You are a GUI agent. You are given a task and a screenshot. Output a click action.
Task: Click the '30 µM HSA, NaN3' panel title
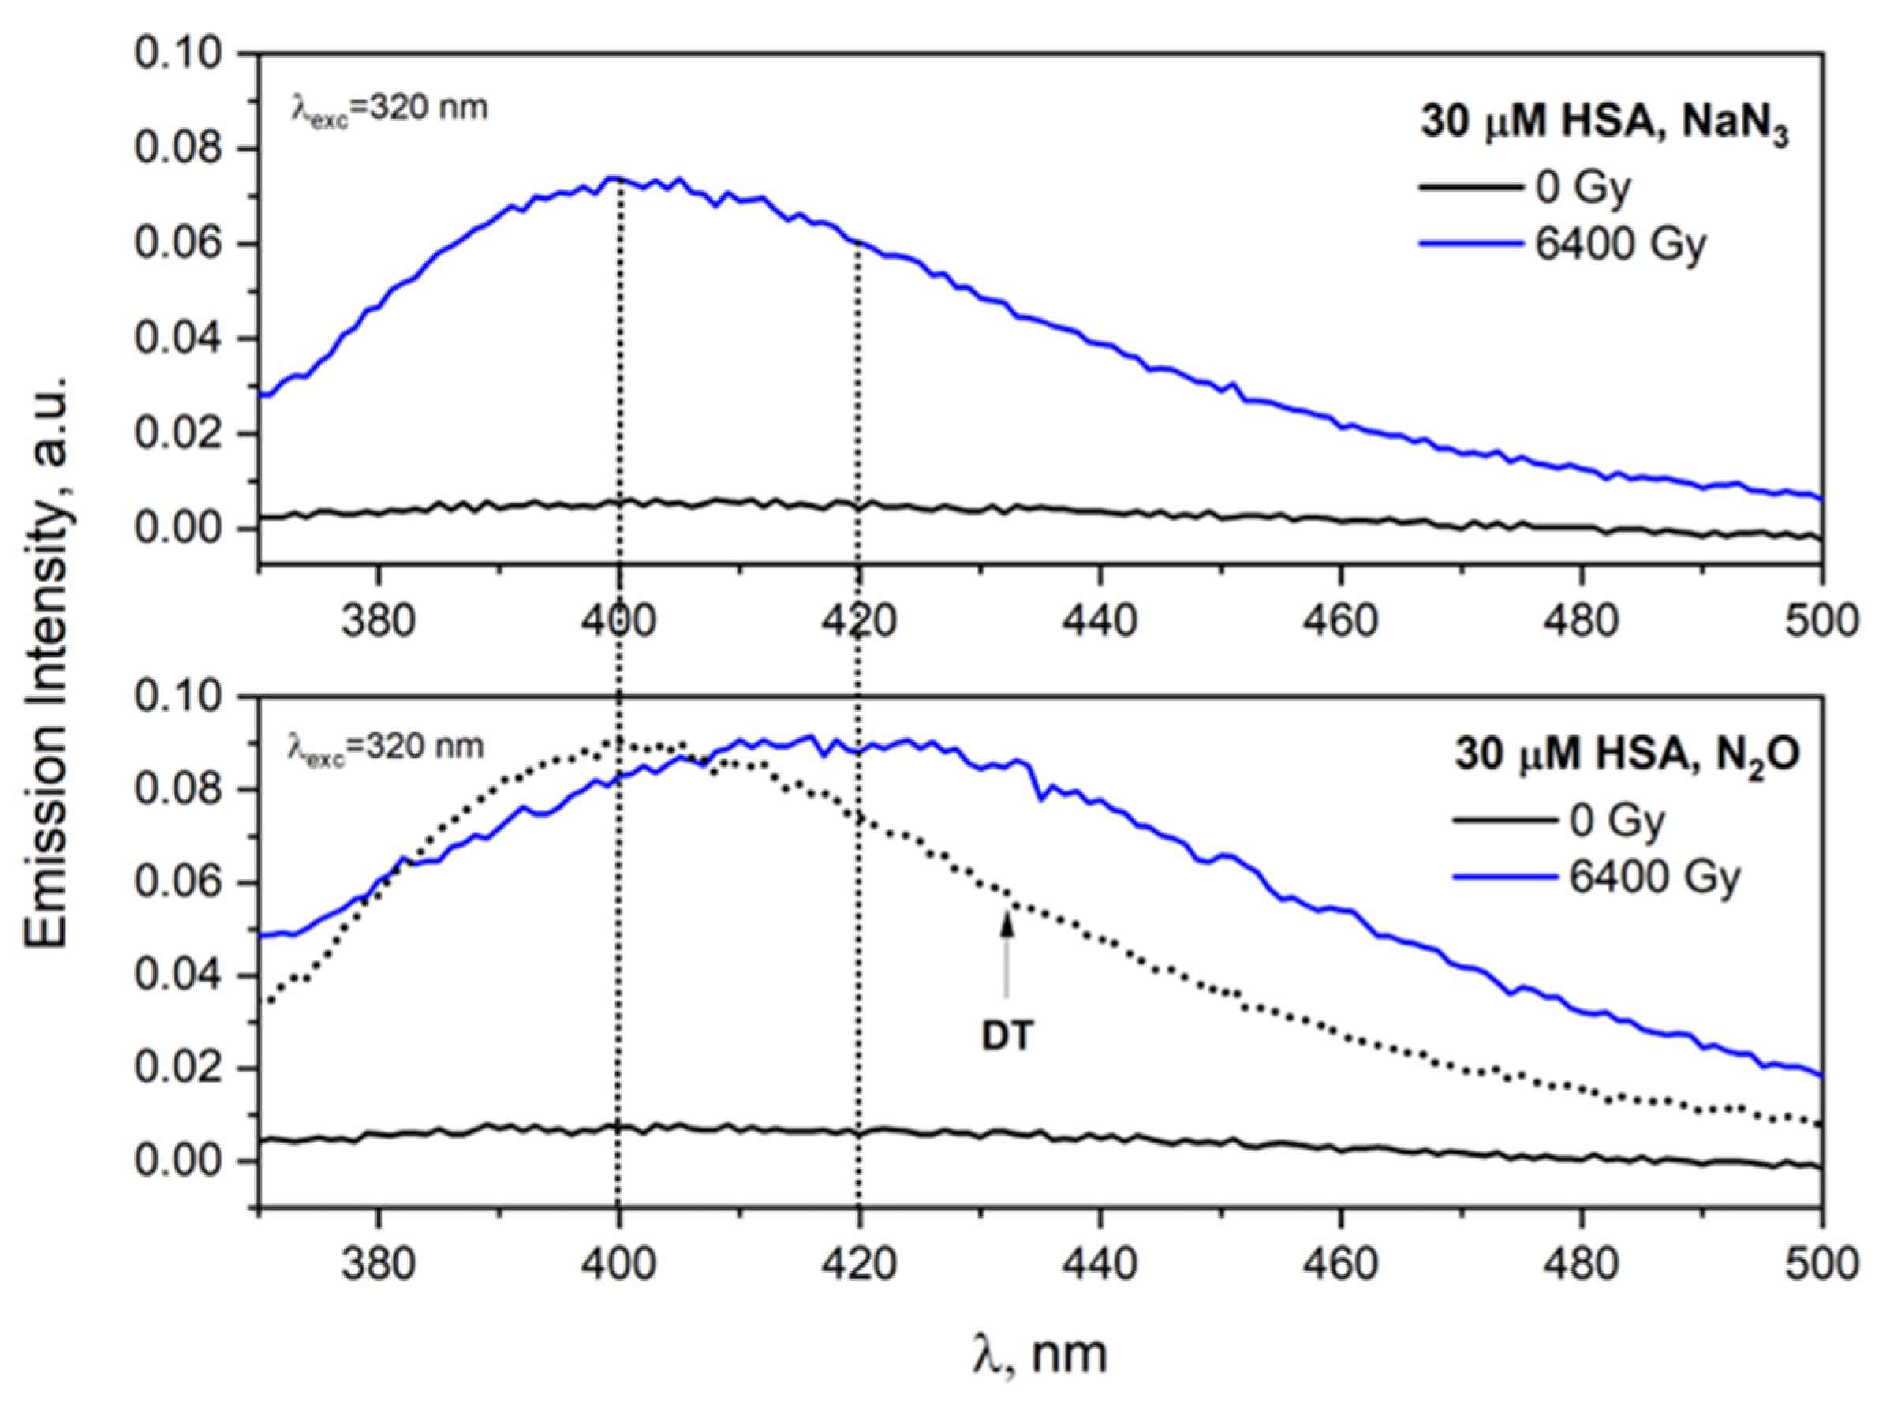[x=1604, y=125]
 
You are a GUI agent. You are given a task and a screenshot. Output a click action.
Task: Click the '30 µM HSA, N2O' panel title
[x=1626, y=755]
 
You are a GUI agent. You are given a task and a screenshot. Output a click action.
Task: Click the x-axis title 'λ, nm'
[x=1040, y=1353]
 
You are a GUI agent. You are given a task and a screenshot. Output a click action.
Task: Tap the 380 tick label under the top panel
[x=378, y=622]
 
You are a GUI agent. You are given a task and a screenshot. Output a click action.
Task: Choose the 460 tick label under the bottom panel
[x=1341, y=1266]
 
